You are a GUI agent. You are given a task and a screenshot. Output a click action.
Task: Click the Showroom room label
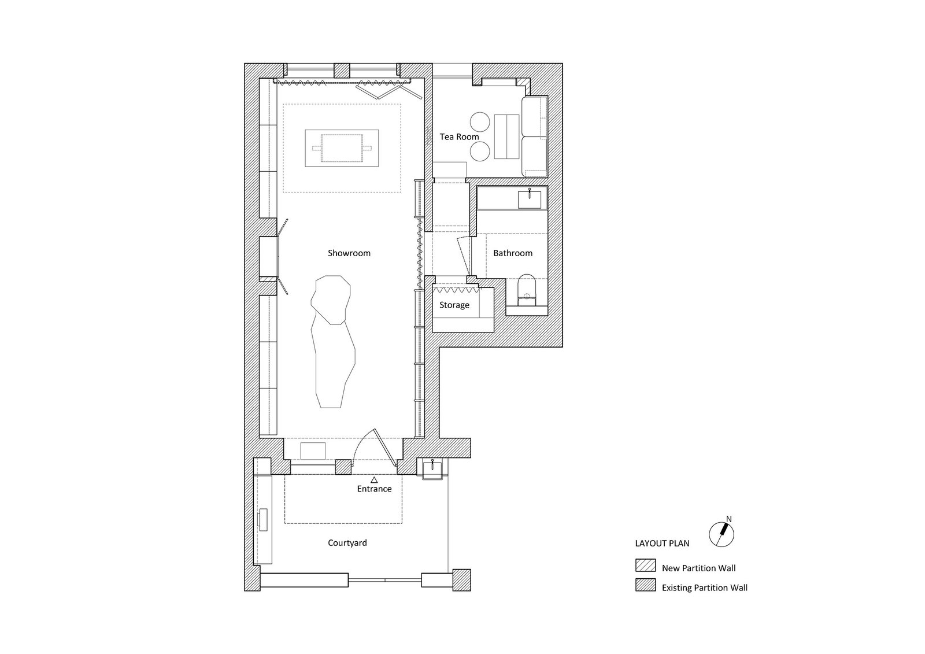349,253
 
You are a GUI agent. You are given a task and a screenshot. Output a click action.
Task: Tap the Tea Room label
459,136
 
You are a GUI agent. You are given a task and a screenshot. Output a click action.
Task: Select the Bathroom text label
513,253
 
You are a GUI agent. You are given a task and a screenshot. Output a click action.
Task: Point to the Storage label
454,305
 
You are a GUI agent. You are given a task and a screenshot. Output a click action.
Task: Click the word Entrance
374,489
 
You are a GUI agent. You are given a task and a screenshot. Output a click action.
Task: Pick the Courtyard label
347,543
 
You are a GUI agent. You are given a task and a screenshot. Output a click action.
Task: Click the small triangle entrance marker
374,479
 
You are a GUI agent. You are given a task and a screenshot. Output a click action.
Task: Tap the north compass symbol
722,535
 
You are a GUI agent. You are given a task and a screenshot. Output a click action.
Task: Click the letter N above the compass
729,519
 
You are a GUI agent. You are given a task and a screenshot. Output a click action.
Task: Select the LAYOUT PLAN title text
663,544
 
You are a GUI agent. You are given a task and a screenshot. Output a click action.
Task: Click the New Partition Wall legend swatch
645,566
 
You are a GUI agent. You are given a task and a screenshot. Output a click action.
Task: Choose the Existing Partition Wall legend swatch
645,585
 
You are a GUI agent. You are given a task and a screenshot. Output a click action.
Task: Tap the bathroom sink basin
530,199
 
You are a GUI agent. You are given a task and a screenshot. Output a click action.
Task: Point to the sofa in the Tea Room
535,136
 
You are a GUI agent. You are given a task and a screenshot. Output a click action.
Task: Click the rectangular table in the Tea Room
506,136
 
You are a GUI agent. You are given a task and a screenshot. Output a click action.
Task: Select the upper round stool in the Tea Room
480,123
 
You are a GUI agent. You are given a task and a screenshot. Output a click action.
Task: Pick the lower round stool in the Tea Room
480,151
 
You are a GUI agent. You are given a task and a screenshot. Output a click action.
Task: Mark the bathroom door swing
463,256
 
